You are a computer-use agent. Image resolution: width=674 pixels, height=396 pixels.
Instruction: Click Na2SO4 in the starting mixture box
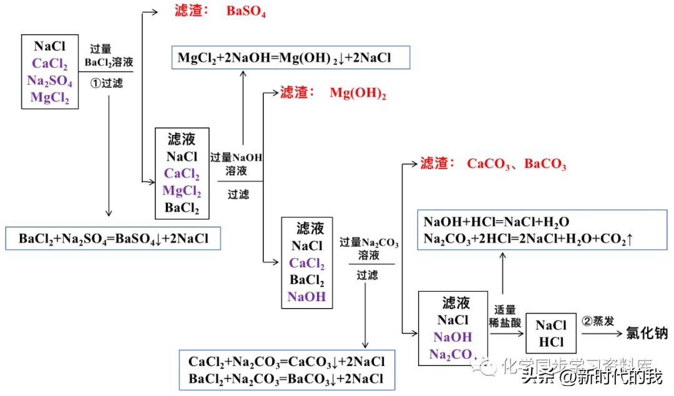(50, 81)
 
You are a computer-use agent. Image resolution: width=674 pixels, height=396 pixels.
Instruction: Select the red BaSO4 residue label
(246, 12)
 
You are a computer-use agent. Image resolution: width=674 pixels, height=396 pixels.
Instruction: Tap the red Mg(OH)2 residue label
(358, 94)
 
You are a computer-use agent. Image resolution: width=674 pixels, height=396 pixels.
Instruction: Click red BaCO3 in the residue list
(545, 164)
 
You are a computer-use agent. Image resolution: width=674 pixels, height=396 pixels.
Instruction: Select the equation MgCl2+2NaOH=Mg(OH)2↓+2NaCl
(284, 59)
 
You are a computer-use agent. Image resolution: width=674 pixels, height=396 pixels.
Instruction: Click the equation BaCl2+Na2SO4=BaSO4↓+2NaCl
(114, 238)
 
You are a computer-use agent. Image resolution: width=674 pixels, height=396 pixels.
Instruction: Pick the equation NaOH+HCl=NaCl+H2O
(496, 222)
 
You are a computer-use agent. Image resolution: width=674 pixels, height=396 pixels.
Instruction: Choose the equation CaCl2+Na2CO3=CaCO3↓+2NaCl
(286, 362)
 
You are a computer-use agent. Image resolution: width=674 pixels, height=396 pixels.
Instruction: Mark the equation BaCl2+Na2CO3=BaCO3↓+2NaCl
(286, 378)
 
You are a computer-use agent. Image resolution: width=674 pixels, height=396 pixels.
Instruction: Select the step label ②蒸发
(598, 321)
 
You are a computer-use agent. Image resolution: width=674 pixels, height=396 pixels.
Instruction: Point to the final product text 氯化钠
(647, 334)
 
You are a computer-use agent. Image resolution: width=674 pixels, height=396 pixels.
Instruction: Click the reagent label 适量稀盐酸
(505, 315)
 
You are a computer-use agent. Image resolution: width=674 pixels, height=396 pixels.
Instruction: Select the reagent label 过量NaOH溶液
(237, 164)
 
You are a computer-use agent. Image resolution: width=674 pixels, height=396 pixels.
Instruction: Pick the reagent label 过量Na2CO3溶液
(369, 248)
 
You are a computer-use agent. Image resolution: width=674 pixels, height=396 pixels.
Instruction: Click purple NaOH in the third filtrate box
(307, 296)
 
